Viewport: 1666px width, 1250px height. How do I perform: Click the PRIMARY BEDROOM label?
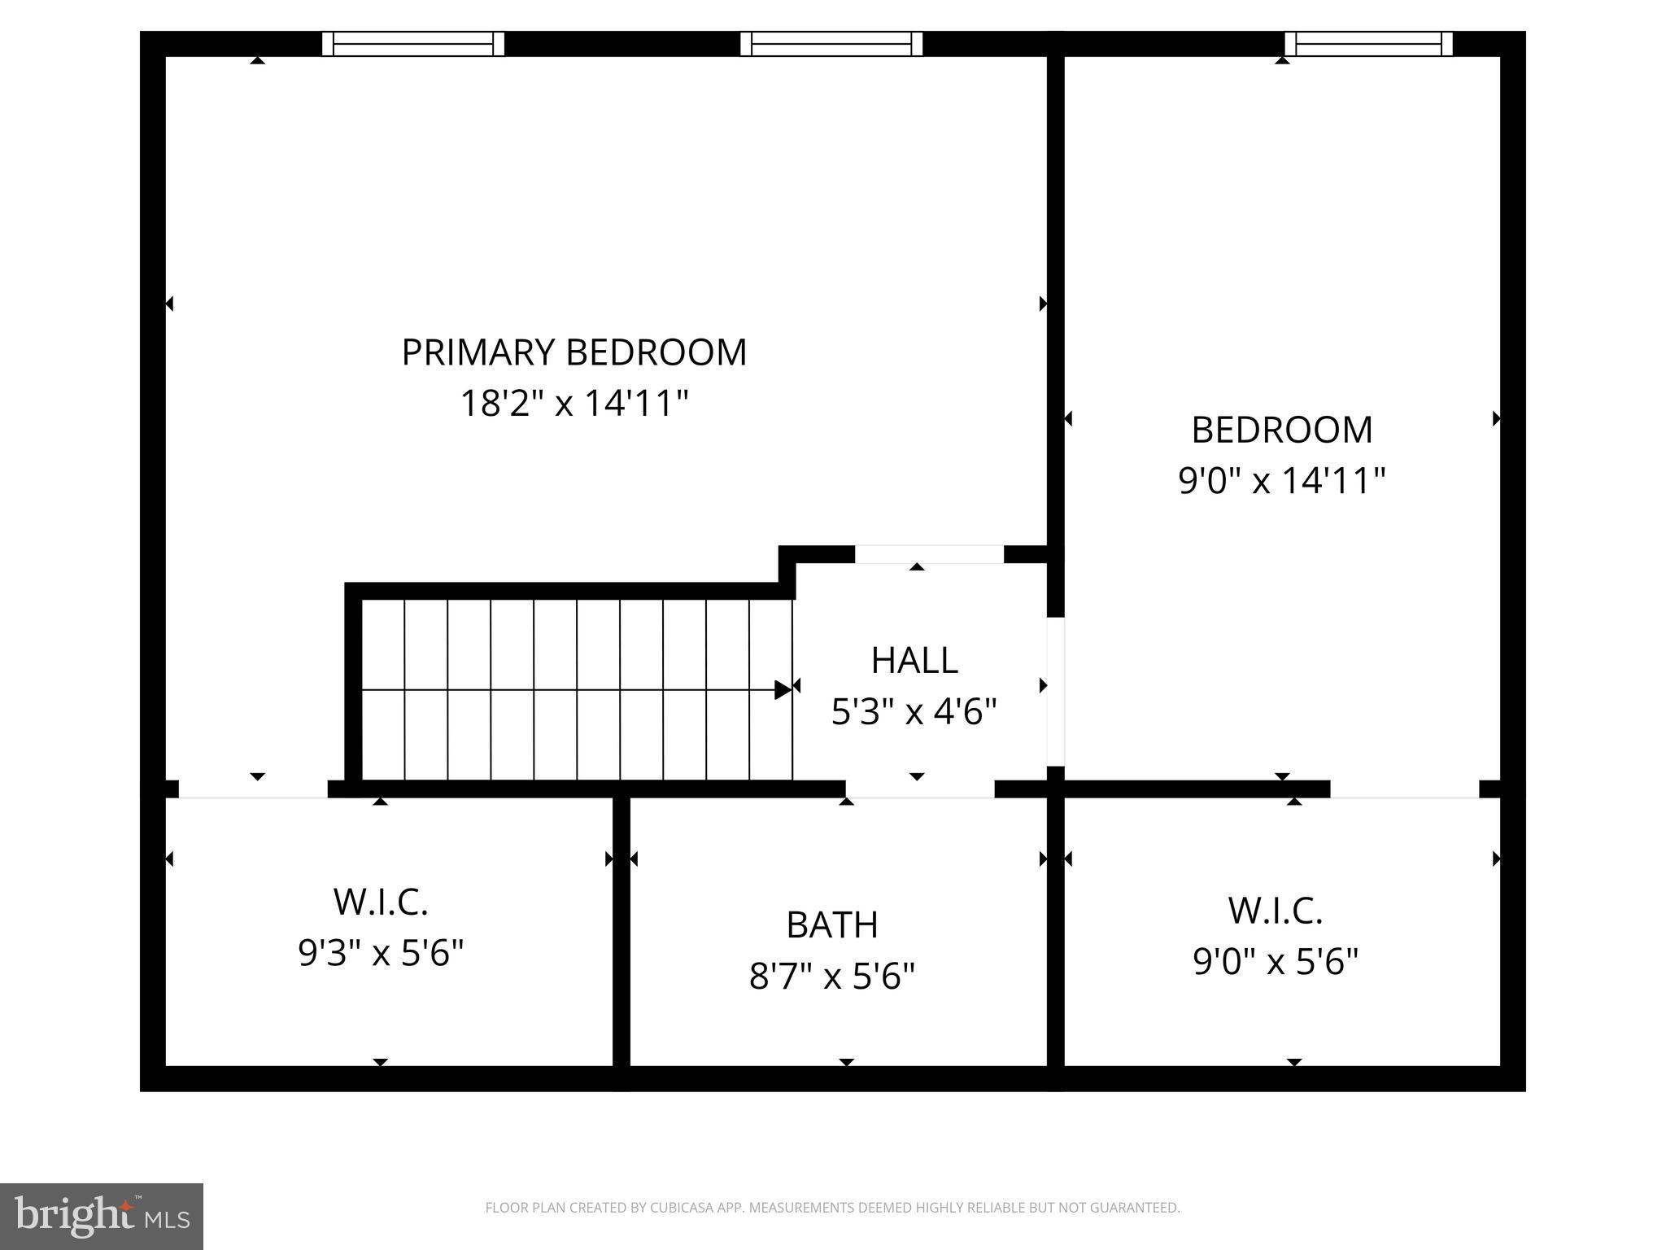pos(574,352)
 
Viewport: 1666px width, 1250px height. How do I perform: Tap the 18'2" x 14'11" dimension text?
pos(574,403)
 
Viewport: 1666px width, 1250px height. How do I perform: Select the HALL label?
pos(914,660)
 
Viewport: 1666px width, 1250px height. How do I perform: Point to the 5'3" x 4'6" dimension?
pos(914,712)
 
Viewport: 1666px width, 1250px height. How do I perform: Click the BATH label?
pos(832,924)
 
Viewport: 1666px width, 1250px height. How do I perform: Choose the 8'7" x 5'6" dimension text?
pos(832,976)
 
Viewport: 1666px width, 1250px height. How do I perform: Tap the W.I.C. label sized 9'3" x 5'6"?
pos(381,901)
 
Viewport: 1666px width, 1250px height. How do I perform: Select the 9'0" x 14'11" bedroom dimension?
pos(1281,480)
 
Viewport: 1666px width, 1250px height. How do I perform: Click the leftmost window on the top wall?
pos(413,44)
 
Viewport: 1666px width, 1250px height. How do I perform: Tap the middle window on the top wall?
pos(831,44)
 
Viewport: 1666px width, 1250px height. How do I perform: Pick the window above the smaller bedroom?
pos(1368,44)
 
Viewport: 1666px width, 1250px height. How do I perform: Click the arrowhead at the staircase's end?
pos(783,690)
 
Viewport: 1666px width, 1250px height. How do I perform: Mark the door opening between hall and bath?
pos(919,789)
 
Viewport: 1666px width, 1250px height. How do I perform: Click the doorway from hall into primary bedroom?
pos(929,554)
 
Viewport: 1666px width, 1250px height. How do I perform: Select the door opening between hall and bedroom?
pos(1055,691)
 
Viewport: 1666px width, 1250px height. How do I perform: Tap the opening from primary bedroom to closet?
pos(253,789)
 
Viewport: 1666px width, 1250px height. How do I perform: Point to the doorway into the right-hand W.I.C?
pos(1404,789)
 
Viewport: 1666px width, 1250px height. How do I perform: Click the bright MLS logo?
pos(102,1216)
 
